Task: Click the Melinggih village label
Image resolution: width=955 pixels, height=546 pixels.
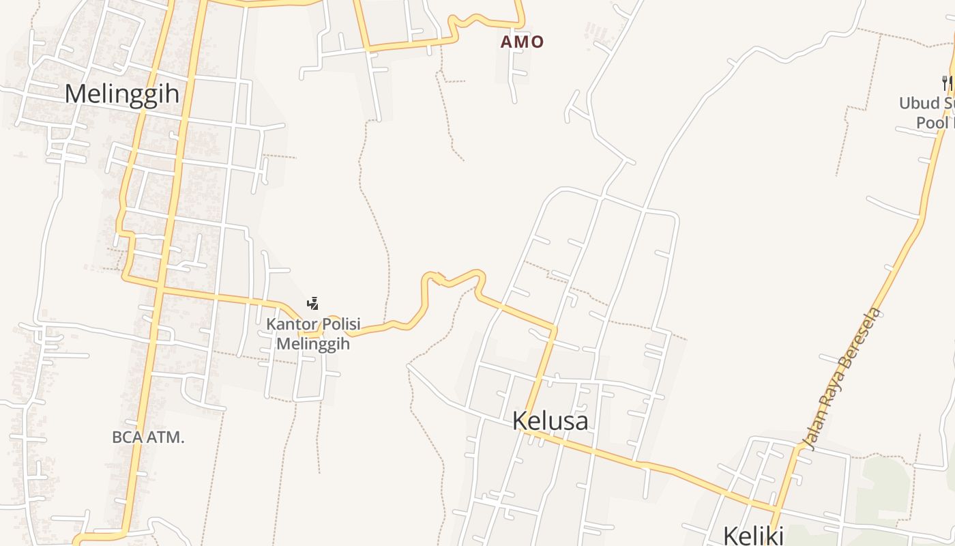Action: pos(122,94)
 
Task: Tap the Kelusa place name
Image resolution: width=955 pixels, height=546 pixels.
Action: pos(550,420)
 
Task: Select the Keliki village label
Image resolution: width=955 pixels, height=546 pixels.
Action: pos(753,535)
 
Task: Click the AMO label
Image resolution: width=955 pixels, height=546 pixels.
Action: pos(523,42)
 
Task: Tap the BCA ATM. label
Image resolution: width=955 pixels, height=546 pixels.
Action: pos(148,437)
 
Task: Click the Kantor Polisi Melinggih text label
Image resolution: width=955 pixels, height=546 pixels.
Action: pos(313,334)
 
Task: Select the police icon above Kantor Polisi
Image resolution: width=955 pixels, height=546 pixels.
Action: pos(313,303)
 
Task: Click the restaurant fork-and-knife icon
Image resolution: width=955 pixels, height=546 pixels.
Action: pos(947,83)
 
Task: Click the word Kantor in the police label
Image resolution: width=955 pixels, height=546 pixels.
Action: pos(287,324)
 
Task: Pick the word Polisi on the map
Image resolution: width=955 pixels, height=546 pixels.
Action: pos(336,324)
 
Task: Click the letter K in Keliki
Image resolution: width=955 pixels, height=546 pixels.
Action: pos(731,535)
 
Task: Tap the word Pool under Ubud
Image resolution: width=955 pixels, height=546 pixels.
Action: pos(932,123)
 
